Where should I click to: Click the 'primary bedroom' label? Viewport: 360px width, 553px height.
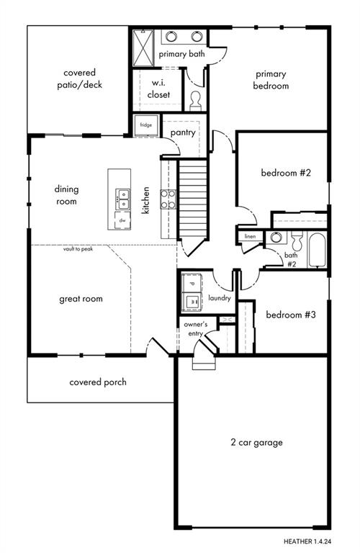[271, 80]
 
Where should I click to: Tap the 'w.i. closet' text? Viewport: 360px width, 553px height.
[158, 89]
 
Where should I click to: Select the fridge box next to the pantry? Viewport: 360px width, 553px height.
[146, 125]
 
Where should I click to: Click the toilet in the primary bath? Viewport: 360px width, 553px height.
[195, 102]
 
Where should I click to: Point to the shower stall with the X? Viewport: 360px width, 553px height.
[143, 48]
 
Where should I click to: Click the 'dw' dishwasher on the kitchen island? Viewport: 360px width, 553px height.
[122, 220]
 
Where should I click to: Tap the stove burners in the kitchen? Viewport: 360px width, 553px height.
[168, 199]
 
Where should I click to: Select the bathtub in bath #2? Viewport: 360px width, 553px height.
[317, 250]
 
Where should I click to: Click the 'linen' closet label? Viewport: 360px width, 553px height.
[250, 236]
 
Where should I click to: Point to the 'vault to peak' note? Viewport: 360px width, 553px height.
[78, 249]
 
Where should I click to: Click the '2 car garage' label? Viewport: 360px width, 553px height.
[257, 442]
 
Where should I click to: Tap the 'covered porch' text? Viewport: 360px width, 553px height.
[98, 382]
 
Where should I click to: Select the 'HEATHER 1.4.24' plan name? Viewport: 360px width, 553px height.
[308, 541]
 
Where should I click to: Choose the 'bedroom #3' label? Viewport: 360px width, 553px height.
[291, 314]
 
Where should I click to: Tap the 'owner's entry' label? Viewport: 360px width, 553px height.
[196, 328]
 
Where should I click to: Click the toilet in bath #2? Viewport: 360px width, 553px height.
[297, 240]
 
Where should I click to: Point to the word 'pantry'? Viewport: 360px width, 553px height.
[183, 132]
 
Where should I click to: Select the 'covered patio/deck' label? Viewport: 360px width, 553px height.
[80, 78]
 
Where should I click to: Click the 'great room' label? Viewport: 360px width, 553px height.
[81, 299]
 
